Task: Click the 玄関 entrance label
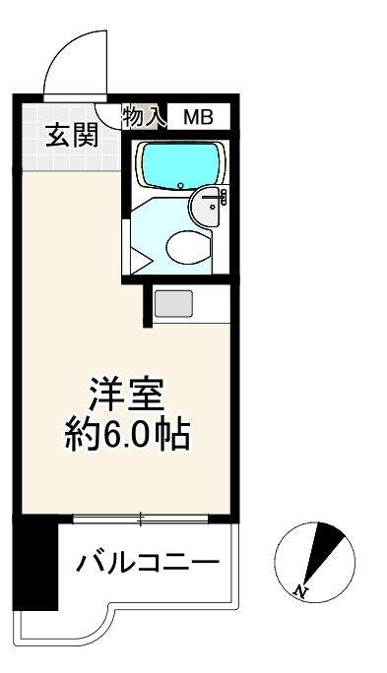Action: (72, 136)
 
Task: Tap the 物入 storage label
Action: (144, 116)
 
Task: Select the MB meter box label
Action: (199, 117)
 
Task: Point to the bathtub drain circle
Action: (181, 186)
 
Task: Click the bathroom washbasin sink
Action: (209, 207)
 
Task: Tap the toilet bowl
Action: (189, 247)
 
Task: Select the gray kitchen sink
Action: (173, 303)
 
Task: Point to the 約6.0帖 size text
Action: (127, 434)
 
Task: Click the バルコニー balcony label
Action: (148, 563)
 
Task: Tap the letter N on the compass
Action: (301, 592)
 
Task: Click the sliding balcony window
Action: (141, 519)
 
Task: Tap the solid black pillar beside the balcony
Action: (35, 562)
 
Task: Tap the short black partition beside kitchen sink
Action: (148, 306)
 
